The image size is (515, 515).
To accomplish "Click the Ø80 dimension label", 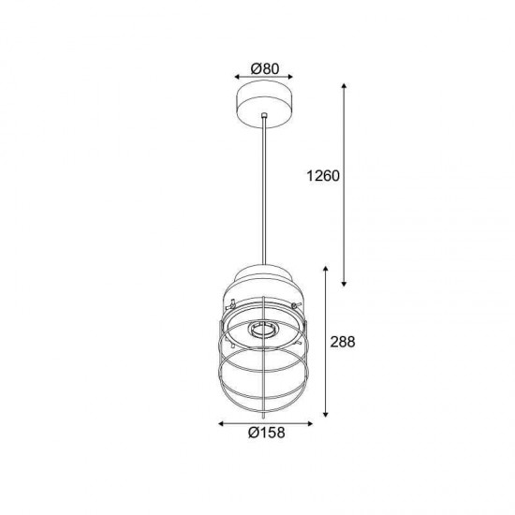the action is [265, 68].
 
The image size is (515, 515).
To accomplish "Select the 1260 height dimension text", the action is [323, 176].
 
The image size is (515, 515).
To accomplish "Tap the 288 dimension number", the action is [343, 342].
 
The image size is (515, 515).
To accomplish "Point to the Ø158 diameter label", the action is [266, 433].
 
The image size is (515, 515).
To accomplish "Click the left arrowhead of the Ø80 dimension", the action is [237, 77].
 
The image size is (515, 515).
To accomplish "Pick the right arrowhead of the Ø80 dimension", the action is [290, 77].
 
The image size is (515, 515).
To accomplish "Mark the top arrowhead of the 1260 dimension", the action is [344, 86].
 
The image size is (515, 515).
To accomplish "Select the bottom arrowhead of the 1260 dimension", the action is [344, 284].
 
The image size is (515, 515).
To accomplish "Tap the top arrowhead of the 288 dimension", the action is [326, 269].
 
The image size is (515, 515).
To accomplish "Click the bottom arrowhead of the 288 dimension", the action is [326, 415].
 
